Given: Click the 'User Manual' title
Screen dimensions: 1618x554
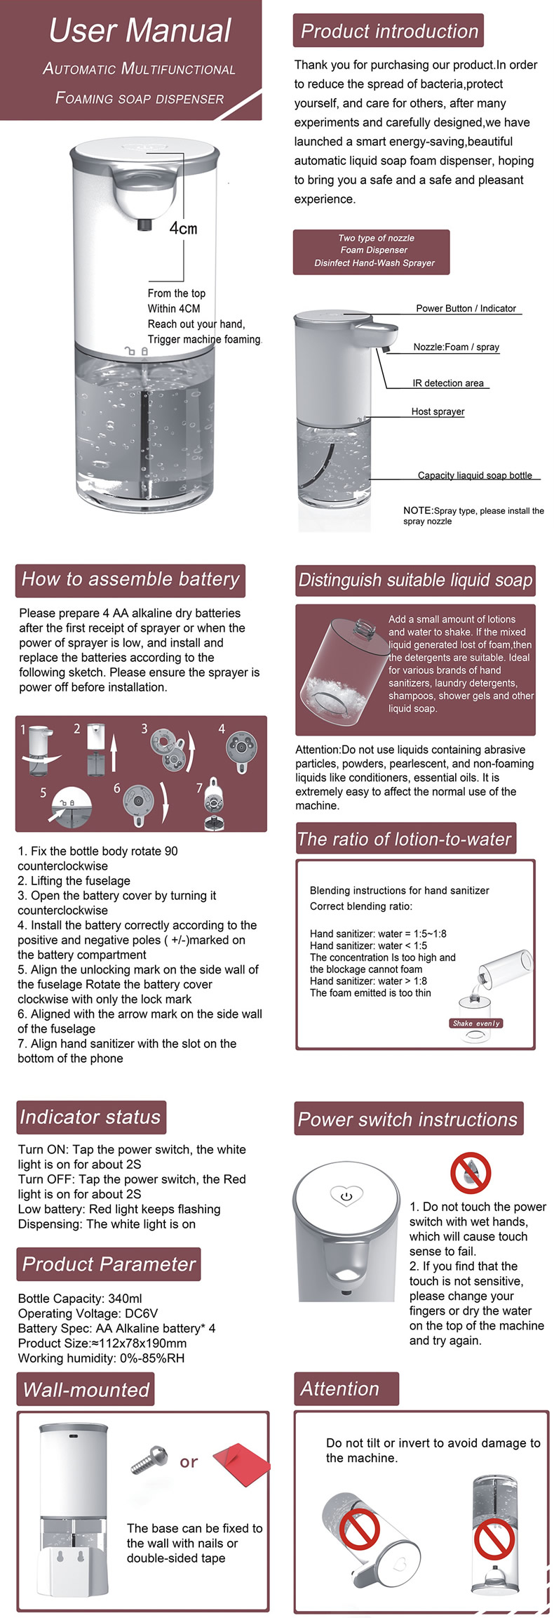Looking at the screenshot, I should pyautogui.click(x=140, y=31).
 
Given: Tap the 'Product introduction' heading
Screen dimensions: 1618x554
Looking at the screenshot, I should pyautogui.click(x=389, y=32).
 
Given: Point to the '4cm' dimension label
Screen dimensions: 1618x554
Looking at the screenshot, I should pyautogui.click(x=183, y=229).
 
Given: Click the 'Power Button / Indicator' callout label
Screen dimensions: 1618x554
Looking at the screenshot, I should pyautogui.click(x=466, y=308).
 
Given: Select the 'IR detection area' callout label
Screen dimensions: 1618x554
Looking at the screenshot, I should pyautogui.click(x=448, y=383).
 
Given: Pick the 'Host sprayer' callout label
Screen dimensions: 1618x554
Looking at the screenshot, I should pyautogui.click(x=438, y=412).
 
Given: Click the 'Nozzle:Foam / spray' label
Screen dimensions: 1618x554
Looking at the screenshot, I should pyautogui.click(x=456, y=347).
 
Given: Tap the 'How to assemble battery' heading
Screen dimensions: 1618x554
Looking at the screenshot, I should pyautogui.click(x=130, y=580).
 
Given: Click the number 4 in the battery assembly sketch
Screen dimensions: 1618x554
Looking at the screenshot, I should pyautogui.click(x=222, y=729).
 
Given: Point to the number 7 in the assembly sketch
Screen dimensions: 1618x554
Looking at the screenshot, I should pyautogui.click(x=199, y=788).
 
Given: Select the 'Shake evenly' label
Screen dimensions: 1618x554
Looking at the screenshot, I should pyautogui.click(x=476, y=1023).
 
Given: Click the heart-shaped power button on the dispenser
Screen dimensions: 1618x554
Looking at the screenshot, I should pyautogui.click(x=346, y=1195).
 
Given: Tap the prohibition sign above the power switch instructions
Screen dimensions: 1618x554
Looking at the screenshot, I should pyautogui.click(x=470, y=1172).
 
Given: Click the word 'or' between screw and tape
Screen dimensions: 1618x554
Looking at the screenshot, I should pyautogui.click(x=189, y=1462).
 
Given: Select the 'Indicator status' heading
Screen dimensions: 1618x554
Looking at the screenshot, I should pyautogui.click(x=90, y=1118).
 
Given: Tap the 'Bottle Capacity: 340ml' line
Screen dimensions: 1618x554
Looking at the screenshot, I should pyautogui.click(x=80, y=1299).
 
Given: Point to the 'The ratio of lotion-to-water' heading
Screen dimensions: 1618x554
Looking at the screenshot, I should pyautogui.click(x=405, y=840).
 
